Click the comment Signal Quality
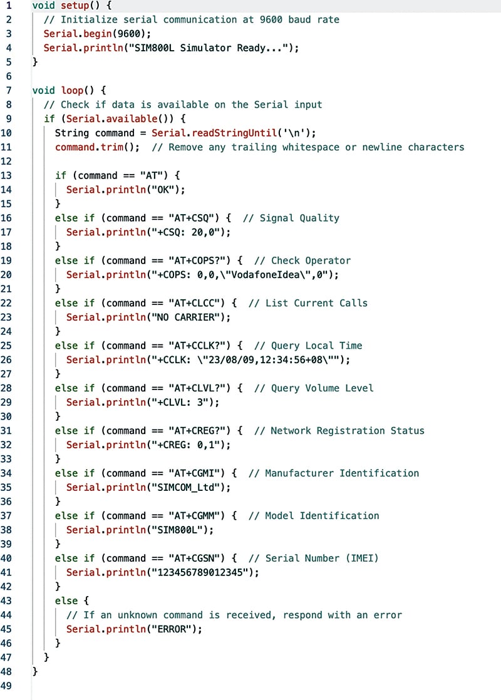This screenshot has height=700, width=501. point(299,218)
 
